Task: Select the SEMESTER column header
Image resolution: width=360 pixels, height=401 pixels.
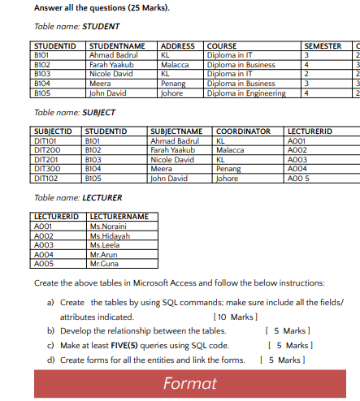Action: [x=323, y=46]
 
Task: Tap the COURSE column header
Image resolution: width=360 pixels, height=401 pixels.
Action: [x=223, y=46]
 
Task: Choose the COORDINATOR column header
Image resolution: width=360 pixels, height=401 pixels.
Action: [x=243, y=131]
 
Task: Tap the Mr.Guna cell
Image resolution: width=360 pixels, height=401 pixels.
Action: [x=105, y=262]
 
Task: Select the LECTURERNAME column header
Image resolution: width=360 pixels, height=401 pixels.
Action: [x=119, y=216]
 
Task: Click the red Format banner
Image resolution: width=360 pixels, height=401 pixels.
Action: [x=189, y=384]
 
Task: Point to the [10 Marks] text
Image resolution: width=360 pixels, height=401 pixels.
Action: [x=234, y=316]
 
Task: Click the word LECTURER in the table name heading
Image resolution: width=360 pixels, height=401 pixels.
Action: [x=102, y=197]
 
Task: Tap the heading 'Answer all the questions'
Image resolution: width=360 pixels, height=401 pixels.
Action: [x=80, y=8]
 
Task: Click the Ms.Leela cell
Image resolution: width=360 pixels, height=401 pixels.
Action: [x=106, y=244]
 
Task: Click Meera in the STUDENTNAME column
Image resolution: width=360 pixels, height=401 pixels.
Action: [x=100, y=83]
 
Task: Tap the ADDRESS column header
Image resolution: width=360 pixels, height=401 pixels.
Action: [x=178, y=46]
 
